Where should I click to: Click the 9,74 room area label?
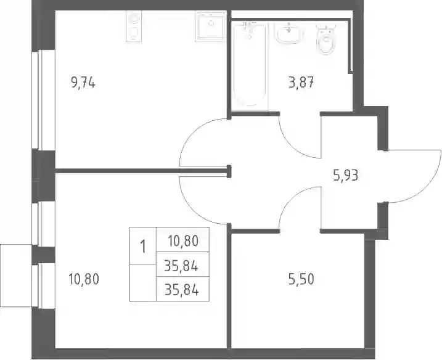point(83,83)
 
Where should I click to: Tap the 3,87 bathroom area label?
point(301,83)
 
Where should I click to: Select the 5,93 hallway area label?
point(346,176)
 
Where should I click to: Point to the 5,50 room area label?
point(301,279)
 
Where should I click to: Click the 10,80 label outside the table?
point(84,279)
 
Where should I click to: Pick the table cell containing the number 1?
point(143,245)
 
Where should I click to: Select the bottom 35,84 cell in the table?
point(182,289)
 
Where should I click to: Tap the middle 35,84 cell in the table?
point(182,264)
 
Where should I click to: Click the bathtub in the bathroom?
point(250,65)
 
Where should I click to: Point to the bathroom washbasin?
point(289,33)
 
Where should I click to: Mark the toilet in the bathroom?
point(326,38)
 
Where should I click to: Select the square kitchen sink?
point(211,27)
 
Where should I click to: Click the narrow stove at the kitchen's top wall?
point(133,27)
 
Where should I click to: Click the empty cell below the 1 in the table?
point(143,282)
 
